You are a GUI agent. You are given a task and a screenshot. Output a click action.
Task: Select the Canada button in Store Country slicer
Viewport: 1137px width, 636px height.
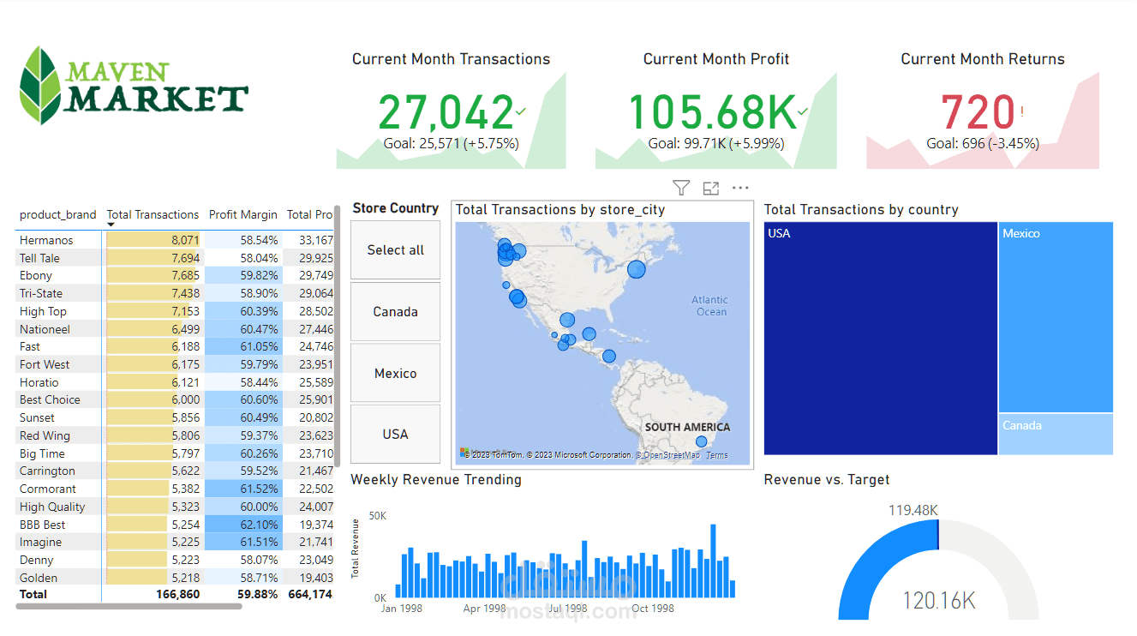click(x=395, y=312)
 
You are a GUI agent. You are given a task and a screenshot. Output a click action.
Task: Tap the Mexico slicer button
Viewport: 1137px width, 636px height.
click(x=395, y=374)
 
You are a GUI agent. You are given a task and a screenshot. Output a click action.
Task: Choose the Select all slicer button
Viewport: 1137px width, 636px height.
click(x=395, y=250)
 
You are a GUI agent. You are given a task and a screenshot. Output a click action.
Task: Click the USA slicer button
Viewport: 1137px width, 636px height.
click(x=395, y=435)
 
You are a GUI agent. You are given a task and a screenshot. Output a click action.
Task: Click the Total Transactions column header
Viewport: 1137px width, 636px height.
click(x=153, y=215)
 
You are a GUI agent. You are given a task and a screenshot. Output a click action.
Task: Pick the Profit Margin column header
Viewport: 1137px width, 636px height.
click(x=243, y=215)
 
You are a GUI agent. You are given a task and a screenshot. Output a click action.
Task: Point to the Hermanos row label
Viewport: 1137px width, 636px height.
click(x=46, y=241)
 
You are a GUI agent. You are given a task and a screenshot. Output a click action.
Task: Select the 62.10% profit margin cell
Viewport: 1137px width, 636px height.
click(x=259, y=525)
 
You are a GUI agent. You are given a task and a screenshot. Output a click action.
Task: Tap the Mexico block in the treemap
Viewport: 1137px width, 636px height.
click(x=1055, y=317)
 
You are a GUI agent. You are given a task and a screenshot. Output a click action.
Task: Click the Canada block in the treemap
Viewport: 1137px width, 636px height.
click(x=1055, y=434)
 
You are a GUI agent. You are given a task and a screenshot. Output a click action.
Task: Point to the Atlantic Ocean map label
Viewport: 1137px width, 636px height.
click(x=710, y=306)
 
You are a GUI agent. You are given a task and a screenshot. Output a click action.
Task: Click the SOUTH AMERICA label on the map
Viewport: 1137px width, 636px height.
click(x=687, y=427)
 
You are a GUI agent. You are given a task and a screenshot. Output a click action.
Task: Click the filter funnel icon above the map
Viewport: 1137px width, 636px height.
click(x=681, y=188)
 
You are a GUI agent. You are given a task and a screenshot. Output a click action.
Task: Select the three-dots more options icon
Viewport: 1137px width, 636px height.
click(x=740, y=188)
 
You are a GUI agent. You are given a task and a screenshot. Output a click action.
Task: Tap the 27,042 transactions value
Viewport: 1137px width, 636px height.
click(x=445, y=112)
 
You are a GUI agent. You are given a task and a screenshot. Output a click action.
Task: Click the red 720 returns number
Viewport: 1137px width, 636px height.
click(x=978, y=112)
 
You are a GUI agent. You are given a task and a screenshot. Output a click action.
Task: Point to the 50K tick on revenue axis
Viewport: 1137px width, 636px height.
click(x=377, y=516)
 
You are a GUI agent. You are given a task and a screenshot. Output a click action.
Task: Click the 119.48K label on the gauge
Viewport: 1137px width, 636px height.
click(x=913, y=511)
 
